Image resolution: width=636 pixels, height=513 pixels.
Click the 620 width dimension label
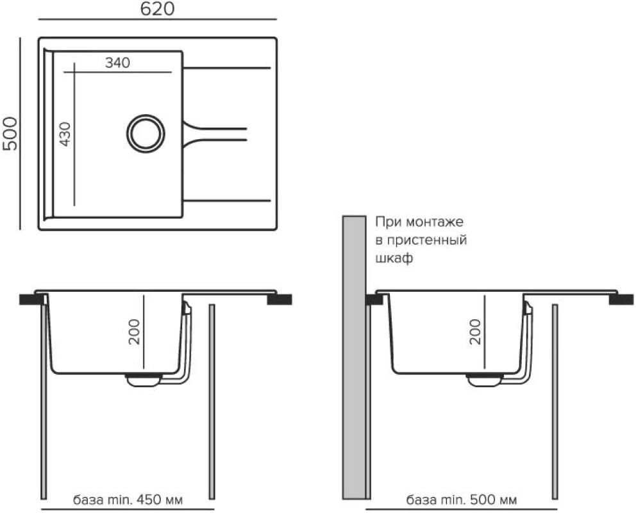coord(157,9)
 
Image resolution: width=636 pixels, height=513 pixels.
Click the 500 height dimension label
coord(10,134)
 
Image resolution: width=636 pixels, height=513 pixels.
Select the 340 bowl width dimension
coord(117,63)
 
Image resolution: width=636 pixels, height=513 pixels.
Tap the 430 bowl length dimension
coord(65,134)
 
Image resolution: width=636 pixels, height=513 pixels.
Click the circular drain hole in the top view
coord(146,134)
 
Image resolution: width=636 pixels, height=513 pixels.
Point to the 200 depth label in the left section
coord(134,332)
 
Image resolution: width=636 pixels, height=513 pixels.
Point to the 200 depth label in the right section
coord(475,332)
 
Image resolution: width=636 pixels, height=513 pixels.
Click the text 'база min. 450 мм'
coord(128,499)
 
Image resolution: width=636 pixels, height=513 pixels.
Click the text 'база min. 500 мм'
coord(462,500)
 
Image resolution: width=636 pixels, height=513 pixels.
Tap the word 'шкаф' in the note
coord(394,258)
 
